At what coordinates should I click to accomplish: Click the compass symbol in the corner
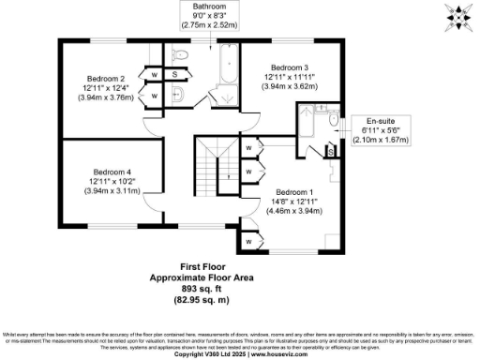point(460,17)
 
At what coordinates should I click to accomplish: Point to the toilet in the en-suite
point(333,119)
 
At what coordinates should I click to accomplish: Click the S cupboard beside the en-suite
point(331,150)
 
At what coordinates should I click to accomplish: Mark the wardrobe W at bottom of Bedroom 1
point(249,242)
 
